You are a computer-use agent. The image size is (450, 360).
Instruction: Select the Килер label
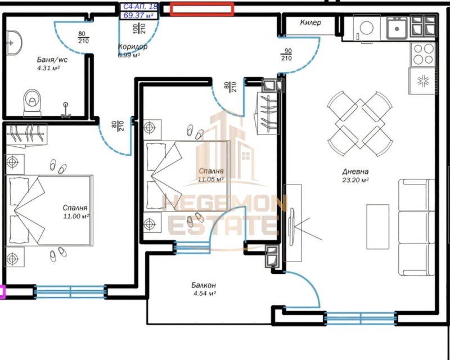310,23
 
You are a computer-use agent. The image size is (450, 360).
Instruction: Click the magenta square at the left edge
2,291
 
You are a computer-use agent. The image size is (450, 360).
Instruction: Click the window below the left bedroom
70,291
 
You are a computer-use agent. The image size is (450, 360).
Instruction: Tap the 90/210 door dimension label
286,54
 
